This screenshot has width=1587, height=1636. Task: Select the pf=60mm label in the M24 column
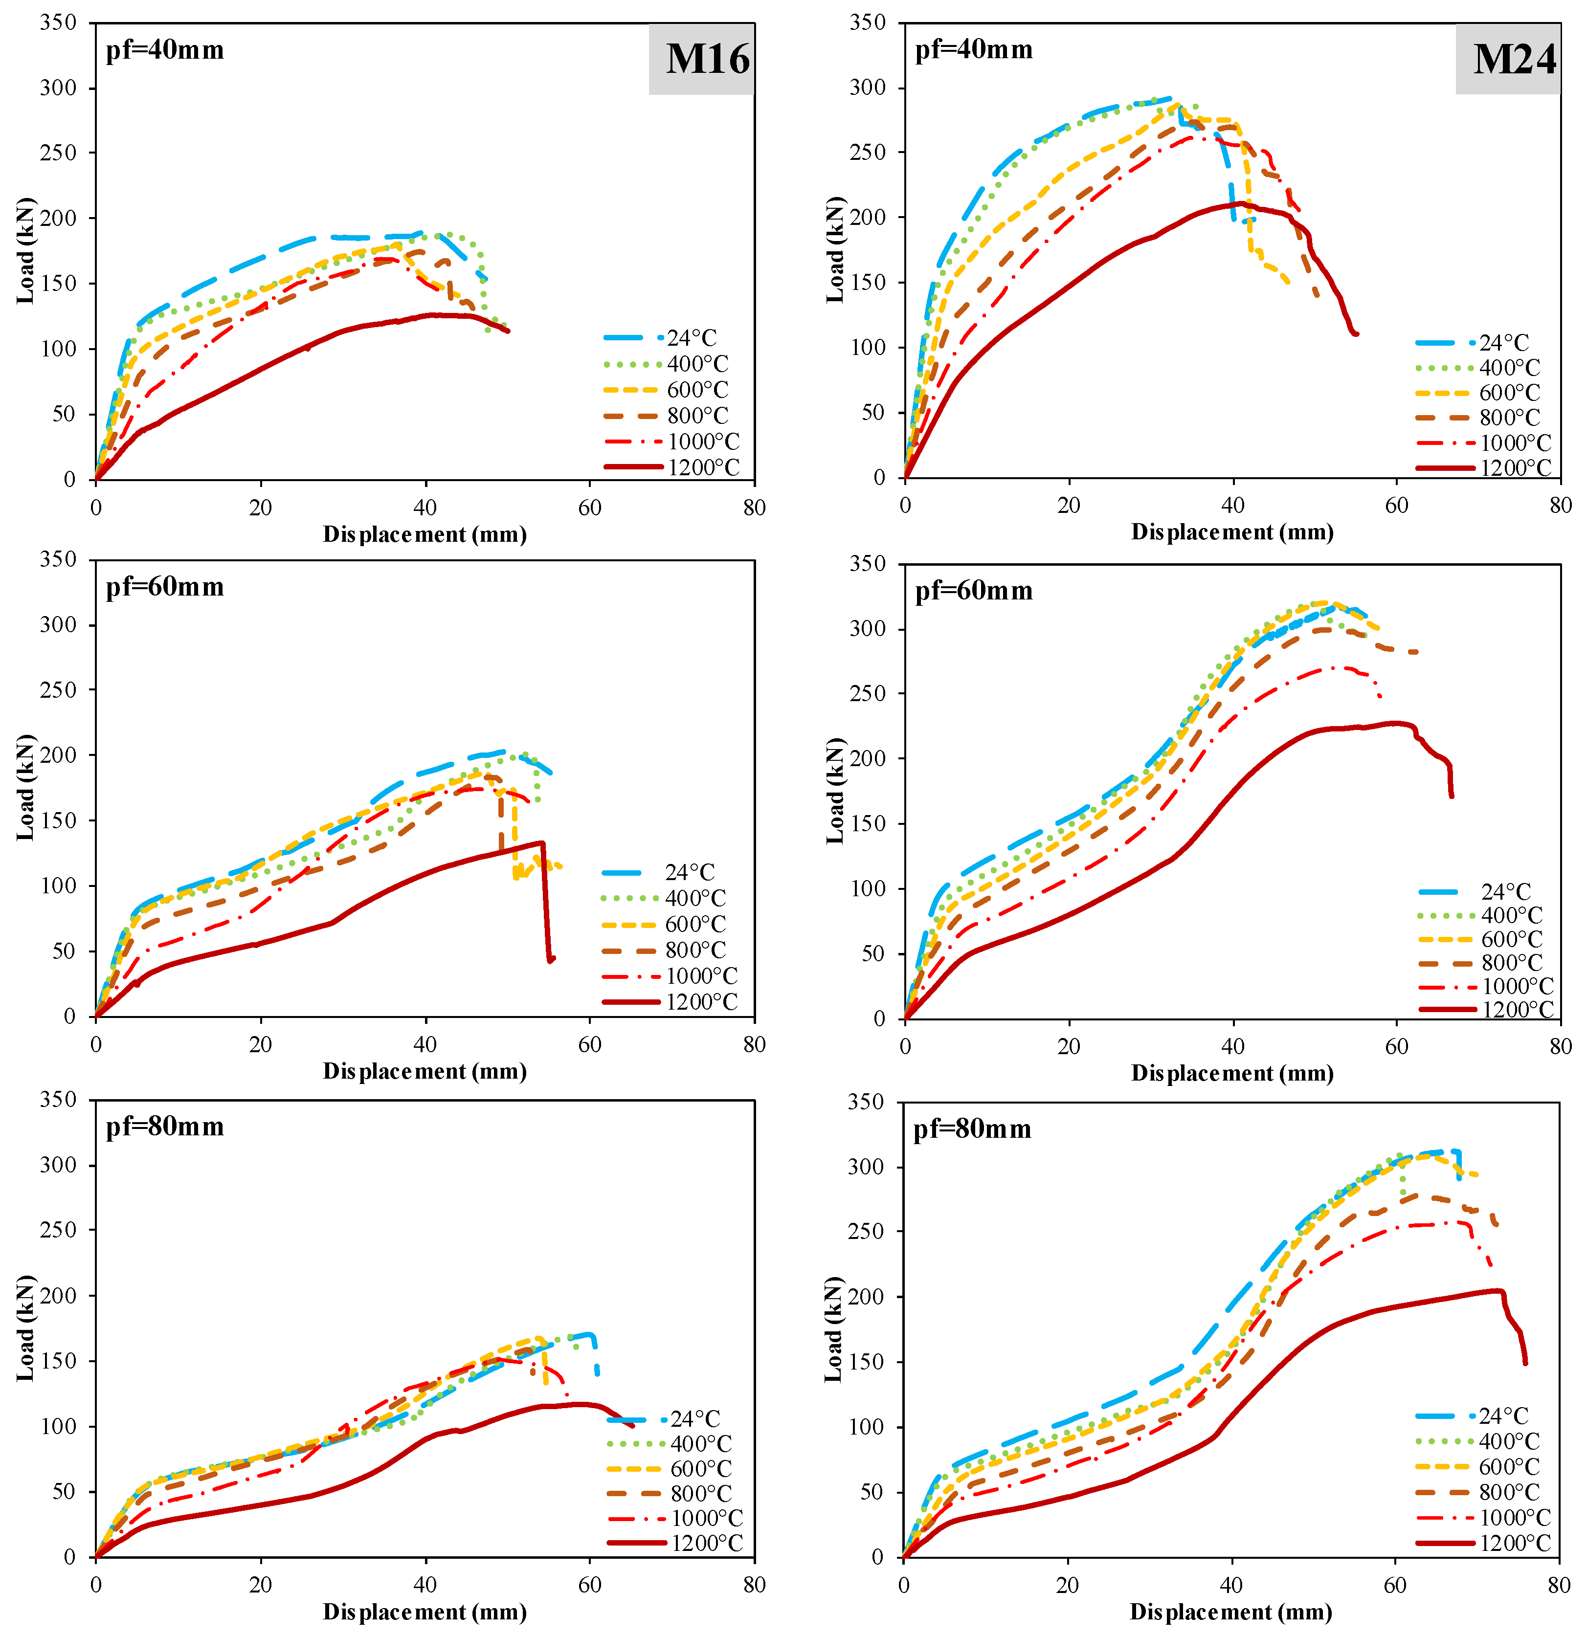pos(973,591)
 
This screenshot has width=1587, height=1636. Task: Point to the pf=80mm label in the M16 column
pos(164,1127)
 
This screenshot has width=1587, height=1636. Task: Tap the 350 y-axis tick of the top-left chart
pos(58,22)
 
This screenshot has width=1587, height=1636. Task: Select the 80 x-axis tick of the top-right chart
pos(1560,505)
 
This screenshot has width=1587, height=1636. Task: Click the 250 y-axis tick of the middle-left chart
pos(58,690)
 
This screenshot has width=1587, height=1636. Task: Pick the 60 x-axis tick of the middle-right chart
pos(1396,1046)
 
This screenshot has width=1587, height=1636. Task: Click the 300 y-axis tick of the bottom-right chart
pos(866,1167)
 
